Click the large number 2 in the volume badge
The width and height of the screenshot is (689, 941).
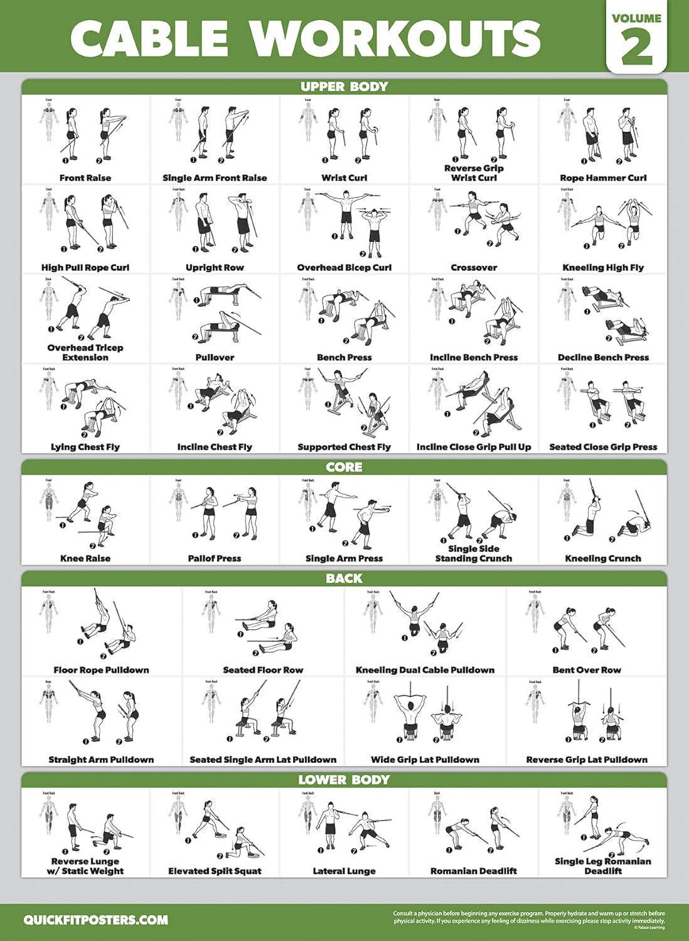[x=636, y=48]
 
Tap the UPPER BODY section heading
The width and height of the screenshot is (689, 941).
[x=344, y=87]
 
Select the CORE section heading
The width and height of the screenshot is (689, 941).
[x=344, y=467]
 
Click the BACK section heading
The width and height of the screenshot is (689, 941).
[x=344, y=578]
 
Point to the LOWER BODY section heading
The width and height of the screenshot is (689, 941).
[x=344, y=780]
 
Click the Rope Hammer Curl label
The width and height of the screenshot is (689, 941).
[x=603, y=178]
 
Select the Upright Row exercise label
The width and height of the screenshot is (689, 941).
[x=215, y=268]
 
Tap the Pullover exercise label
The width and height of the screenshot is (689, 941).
[x=215, y=358]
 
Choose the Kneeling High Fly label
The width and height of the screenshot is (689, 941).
[x=603, y=268]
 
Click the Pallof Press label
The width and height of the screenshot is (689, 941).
[x=215, y=558]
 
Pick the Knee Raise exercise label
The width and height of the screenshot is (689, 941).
[x=85, y=558]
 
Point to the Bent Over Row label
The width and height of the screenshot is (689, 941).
[x=587, y=670]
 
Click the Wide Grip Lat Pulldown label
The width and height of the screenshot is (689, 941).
[x=425, y=760]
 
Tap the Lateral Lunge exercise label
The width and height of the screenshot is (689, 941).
[x=344, y=871]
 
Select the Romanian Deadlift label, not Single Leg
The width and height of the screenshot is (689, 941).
[x=474, y=871]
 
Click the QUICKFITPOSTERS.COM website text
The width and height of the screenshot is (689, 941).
[x=96, y=920]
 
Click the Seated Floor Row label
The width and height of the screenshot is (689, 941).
[x=263, y=670]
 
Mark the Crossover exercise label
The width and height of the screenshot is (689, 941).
[x=474, y=268]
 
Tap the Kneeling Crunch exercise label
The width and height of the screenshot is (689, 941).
[x=603, y=558]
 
